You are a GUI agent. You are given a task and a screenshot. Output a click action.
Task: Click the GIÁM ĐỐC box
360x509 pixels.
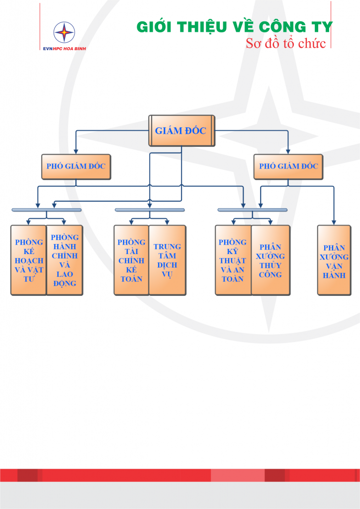(x=182, y=131)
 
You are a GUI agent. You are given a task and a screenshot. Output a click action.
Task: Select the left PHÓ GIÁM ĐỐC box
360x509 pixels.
(x=76, y=167)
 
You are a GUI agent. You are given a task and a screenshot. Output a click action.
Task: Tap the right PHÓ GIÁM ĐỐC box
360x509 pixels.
(x=288, y=167)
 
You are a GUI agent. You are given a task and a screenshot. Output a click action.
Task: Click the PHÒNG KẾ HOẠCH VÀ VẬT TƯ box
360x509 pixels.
(x=29, y=260)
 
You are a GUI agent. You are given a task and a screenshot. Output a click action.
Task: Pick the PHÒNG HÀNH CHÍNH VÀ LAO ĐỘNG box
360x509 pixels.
(x=65, y=260)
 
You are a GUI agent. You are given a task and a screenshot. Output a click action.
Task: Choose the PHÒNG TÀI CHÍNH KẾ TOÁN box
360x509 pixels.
(x=131, y=260)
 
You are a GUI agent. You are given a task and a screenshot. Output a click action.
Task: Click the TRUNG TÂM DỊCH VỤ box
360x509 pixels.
(x=168, y=260)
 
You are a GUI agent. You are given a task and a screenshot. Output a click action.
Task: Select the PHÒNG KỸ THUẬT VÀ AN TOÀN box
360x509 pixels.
(x=233, y=260)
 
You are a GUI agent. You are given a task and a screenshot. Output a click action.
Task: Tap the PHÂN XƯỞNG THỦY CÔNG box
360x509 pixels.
(x=270, y=260)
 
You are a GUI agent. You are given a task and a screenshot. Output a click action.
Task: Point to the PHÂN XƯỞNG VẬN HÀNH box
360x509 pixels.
(x=334, y=260)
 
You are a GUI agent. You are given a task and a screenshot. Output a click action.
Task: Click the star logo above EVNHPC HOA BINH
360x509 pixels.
(x=64, y=33)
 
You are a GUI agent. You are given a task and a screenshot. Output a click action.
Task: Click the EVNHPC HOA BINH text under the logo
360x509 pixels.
(x=64, y=49)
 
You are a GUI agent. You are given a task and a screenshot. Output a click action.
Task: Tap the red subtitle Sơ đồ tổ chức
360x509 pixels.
(x=286, y=43)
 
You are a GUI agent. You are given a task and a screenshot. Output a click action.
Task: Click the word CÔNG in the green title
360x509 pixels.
(x=281, y=27)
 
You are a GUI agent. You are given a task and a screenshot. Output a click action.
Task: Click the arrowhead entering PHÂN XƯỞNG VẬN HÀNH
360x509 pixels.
(x=334, y=222)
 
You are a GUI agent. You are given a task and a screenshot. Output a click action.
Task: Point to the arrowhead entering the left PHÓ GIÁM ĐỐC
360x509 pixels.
(x=76, y=151)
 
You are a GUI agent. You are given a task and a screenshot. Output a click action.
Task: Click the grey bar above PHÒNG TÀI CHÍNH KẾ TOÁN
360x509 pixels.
(x=150, y=210)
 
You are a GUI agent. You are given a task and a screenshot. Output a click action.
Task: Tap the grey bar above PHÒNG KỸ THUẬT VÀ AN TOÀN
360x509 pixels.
(x=253, y=210)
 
